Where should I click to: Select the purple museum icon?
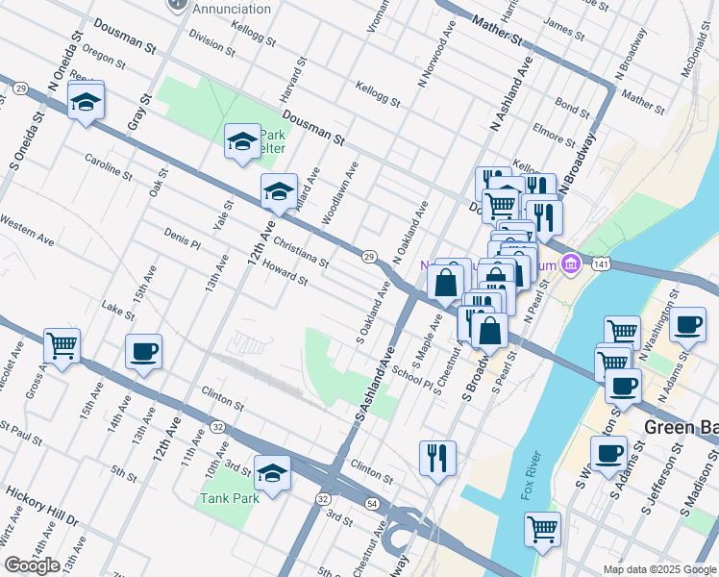pos(571,263)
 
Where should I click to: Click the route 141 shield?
pos(601,263)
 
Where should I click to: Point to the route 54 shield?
pos(372,504)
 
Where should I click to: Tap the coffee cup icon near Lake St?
pos(143,351)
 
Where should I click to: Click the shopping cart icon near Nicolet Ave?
pos(62,344)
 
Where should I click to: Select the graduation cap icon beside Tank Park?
pos(273,472)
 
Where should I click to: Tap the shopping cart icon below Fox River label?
pos(543,530)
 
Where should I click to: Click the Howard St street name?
pos(284,275)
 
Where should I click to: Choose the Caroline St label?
pos(108,165)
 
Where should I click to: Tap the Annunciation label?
pos(232,9)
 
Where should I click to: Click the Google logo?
pos(31,565)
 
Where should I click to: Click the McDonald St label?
pos(699,59)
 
